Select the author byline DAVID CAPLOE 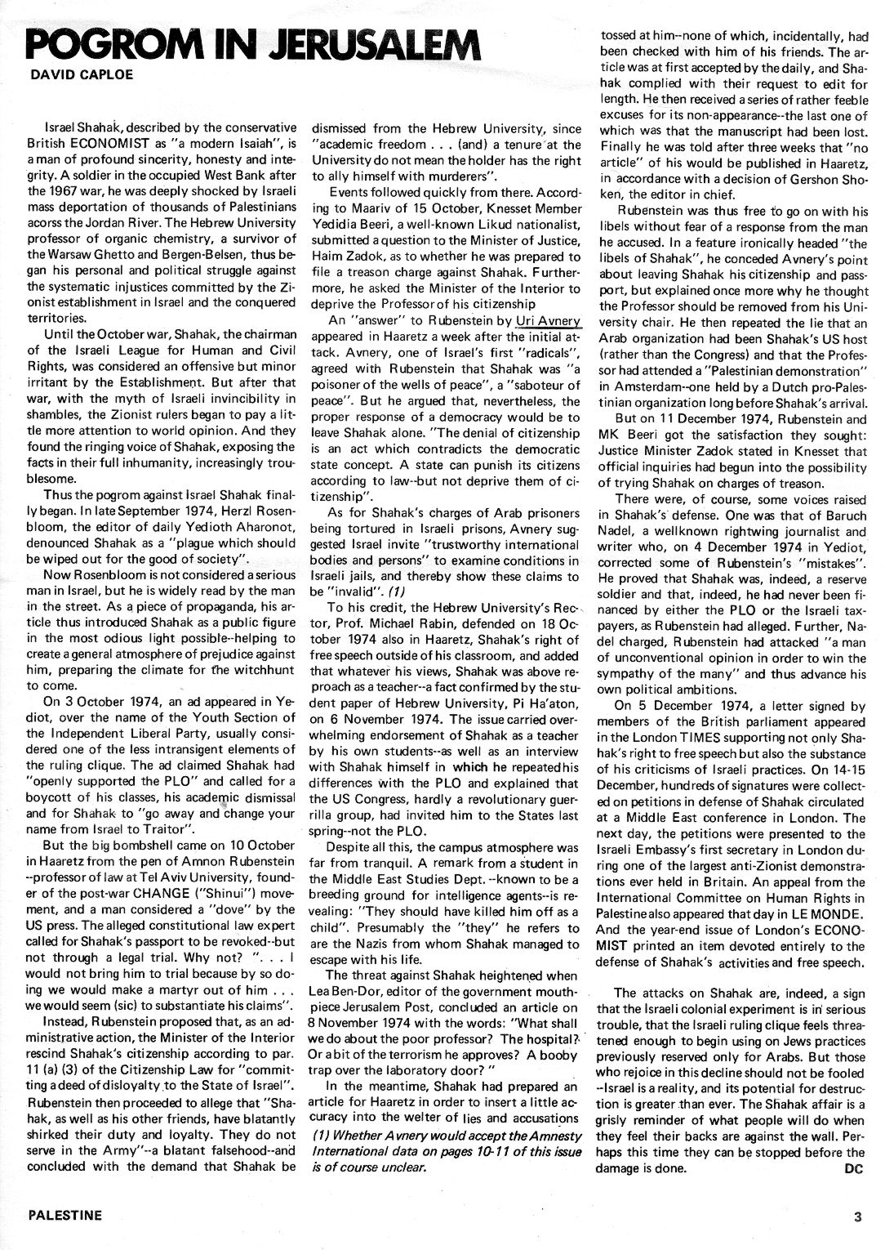pyautogui.click(x=69, y=75)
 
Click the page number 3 pyautogui.click(x=857, y=1215)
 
